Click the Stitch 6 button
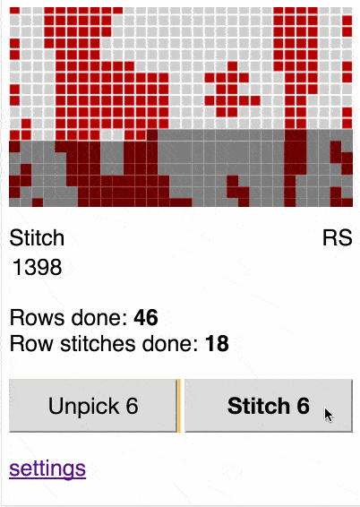269,406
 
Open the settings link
47,468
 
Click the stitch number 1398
37,267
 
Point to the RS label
337,238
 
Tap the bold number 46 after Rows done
146,317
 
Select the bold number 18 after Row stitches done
217,343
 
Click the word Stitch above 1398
37,238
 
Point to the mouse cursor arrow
329,415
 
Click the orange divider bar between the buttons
179,406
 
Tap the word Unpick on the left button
84,406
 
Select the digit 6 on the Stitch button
303,406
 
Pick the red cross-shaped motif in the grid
232,90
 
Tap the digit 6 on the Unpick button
132,406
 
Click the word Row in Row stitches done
31,343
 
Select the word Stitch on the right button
258,406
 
